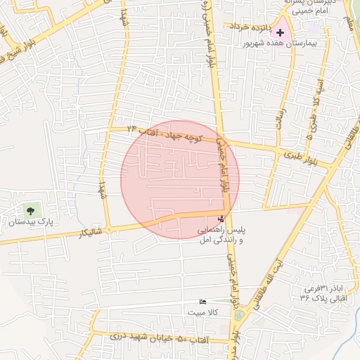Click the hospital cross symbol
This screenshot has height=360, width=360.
[x=281, y=32]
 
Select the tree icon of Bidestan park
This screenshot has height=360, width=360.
[x=30, y=210]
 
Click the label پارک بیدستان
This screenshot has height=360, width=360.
[x=30, y=222]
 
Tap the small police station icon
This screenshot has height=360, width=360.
[x=222, y=219]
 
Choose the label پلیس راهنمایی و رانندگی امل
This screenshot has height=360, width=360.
[x=221, y=236]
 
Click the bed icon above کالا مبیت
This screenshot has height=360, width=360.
[x=203, y=302]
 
